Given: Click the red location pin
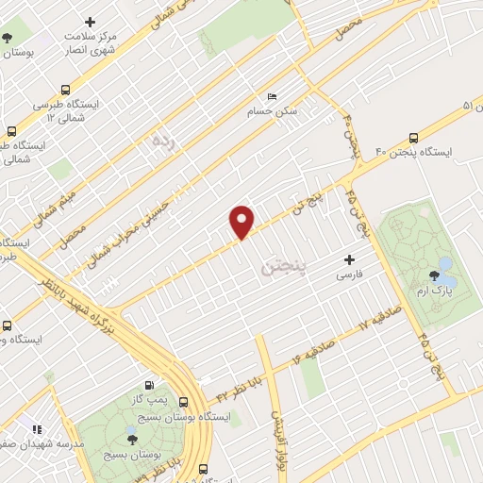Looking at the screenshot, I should (x=242, y=222).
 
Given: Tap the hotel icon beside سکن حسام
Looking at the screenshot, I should (x=273, y=97).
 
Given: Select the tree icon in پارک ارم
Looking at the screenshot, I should (x=435, y=275).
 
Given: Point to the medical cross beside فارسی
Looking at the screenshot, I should (x=350, y=259).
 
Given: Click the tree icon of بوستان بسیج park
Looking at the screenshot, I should (x=131, y=439).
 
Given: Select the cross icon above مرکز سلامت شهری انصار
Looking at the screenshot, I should (x=91, y=21).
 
